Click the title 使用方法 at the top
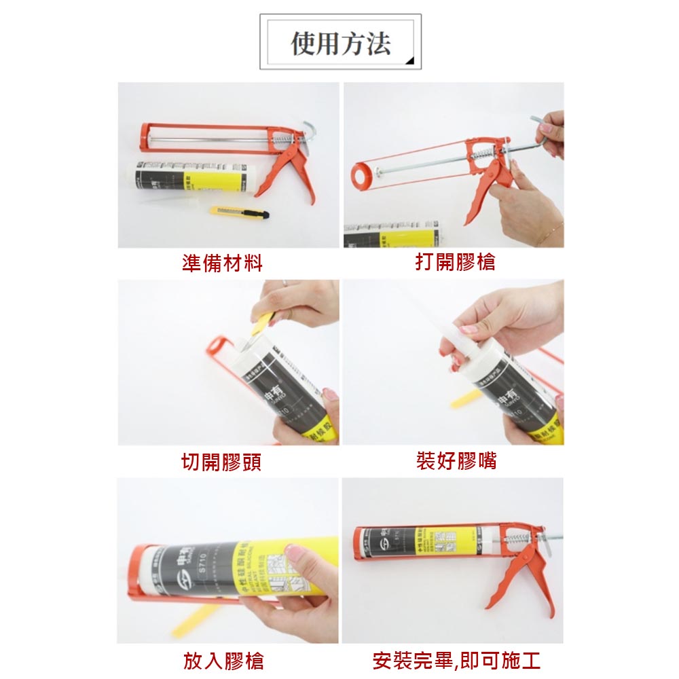point(341,43)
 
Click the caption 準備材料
point(222,263)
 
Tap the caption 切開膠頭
point(221,462)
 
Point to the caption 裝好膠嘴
point(456,461)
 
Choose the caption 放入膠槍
point(223,660)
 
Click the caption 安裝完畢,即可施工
point(456,660)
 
